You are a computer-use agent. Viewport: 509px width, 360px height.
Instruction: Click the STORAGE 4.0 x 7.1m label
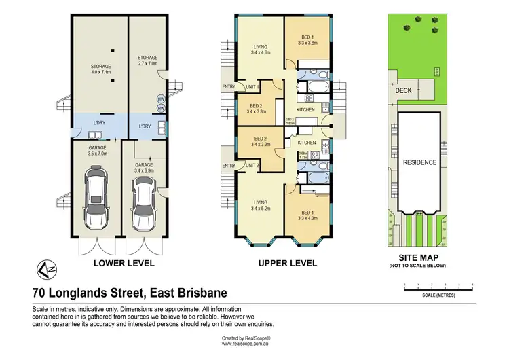[x=100, y=69]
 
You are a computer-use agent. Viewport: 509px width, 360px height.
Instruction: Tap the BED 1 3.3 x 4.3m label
[x=307, y=215]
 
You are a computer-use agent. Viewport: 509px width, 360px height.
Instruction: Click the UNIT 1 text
[x=251, y=87]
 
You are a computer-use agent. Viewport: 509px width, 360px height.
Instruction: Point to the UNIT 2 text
[x=251, y=165]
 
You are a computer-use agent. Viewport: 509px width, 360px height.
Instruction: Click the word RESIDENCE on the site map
[x=420, y=162]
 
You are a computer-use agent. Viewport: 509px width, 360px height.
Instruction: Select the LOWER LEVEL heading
[x=124, y=263]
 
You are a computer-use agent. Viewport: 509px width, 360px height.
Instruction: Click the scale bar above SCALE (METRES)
[x=438, y=288]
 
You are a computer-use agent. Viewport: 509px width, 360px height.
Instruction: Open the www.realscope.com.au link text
[x=246, y=344]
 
